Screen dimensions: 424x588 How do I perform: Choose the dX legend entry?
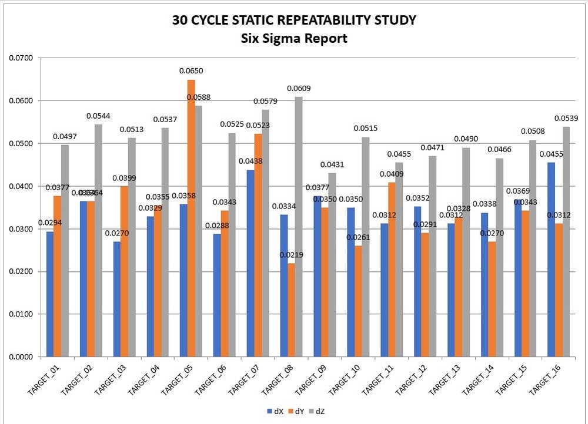click(276, 412)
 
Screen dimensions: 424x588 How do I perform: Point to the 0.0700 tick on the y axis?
click(21, 58)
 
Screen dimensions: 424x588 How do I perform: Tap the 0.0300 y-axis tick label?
click(21, 229)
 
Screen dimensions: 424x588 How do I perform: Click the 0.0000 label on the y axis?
click(21, 356)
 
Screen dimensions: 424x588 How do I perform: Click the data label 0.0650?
click(191, 71)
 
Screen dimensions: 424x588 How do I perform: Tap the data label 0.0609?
click(299, 89)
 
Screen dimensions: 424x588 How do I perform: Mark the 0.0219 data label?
click(290, 256)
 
